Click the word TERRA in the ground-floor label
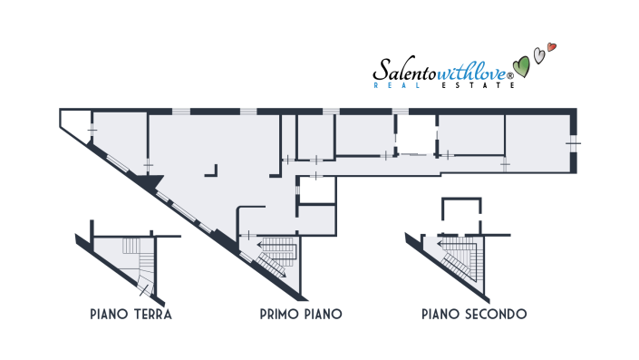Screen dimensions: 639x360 coord(150,315)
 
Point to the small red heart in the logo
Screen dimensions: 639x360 coord(553,47)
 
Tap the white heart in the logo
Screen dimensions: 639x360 coord(539,55)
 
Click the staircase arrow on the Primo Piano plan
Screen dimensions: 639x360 coord(269,244)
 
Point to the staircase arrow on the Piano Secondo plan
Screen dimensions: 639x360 coord(450,243)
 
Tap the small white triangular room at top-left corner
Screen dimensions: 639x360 coord(76,121)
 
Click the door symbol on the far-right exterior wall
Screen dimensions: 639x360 coord(572,141)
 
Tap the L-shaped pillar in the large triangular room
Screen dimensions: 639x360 coord(214,169)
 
